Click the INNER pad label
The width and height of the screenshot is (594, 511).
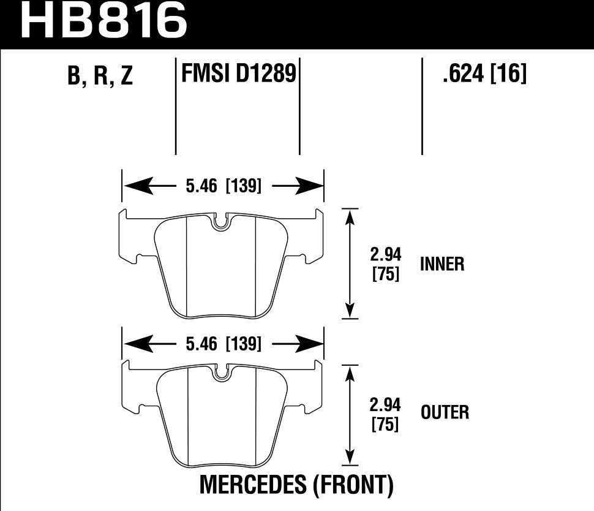point(442,264)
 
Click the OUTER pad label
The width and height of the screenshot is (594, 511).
point(445,412)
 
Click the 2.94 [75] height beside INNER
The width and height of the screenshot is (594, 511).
point(386,264)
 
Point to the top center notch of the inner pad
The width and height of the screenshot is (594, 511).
point(222,222)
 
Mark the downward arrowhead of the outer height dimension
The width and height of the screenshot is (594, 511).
point(350,458)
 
